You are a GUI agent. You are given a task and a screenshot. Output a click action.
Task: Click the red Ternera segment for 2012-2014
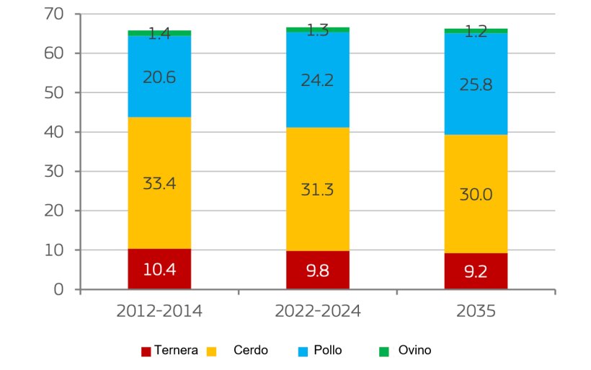pyautogui.click(x=159, y=269)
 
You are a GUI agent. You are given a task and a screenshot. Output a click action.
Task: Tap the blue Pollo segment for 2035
pyautogui.click(x=476, y=101)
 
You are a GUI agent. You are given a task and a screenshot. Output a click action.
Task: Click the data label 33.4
pyautogui.click(x=159, y=183)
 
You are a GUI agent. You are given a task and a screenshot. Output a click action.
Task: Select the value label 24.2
pyautogui.click(x=318, y=79)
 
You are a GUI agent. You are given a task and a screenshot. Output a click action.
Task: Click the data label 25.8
pyautogui.click(x=476, y=84)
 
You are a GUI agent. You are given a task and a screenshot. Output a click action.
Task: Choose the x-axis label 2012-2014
pyautogui.click(x=159, y=312)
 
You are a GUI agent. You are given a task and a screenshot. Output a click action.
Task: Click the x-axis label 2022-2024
pyautogui.click(x=318, y=312)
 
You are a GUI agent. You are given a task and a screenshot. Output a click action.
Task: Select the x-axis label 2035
pyautogui.click(x=476, y=312)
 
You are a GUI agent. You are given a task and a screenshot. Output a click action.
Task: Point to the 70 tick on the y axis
pyautogui.click(x=54, y=14)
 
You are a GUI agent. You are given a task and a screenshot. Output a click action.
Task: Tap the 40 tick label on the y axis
pyautogui.click(x=54, y=133)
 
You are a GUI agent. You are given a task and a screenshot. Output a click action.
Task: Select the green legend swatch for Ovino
pyautogui.click(x=384, y=351)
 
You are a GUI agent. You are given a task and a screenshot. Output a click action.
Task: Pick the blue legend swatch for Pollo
pyautogui.click(x=303, y=351)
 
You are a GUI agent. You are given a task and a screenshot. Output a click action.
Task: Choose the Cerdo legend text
pyautogui.click(x=251, y=351)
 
